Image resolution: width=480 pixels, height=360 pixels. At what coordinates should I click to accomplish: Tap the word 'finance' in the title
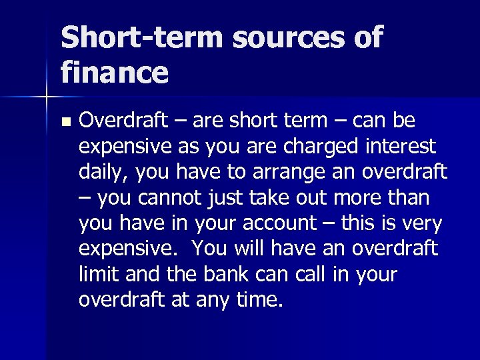[x=114, y=73]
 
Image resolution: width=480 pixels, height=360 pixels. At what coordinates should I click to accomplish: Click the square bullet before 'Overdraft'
[x=65, y=123]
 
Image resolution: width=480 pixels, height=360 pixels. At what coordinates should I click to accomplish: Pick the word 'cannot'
[x=171, y=198]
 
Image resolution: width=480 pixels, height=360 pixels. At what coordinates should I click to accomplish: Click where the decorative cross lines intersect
[x=46, y=97]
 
